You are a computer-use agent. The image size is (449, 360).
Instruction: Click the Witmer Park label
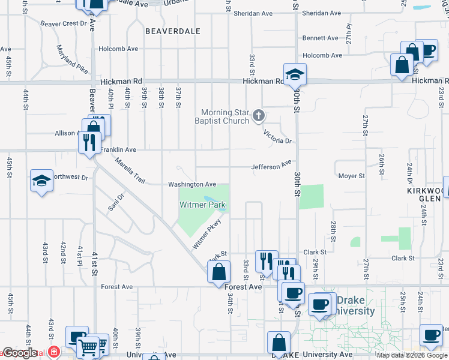coord(203,205)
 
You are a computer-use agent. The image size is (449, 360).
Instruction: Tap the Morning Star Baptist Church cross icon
coord(259,115)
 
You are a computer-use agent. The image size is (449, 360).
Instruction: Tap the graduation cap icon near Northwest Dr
coord(41,181)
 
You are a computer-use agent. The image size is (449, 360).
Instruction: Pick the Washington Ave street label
coord(191,184)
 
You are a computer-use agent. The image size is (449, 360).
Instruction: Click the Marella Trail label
coord(131,170)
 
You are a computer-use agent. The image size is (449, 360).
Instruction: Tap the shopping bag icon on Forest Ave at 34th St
coord(218,271)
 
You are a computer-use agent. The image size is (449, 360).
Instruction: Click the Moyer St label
coord(352,176)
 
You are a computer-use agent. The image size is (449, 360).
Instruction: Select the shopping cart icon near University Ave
coord(88,346)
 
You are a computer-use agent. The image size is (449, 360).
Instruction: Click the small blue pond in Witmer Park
coord(211,199)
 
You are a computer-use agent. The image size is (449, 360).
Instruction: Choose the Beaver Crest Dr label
coord(63,23)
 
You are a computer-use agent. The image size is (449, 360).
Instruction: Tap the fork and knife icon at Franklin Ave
coord(89,142)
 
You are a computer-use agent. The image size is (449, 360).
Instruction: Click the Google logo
coord(20,353)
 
